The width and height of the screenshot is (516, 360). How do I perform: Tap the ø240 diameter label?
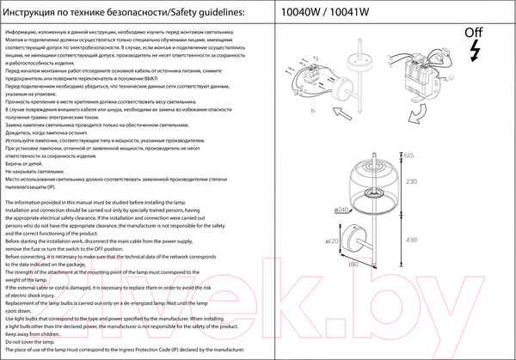(x=341, y=210)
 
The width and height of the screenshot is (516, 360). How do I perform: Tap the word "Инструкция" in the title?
(x=32, y=12)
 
